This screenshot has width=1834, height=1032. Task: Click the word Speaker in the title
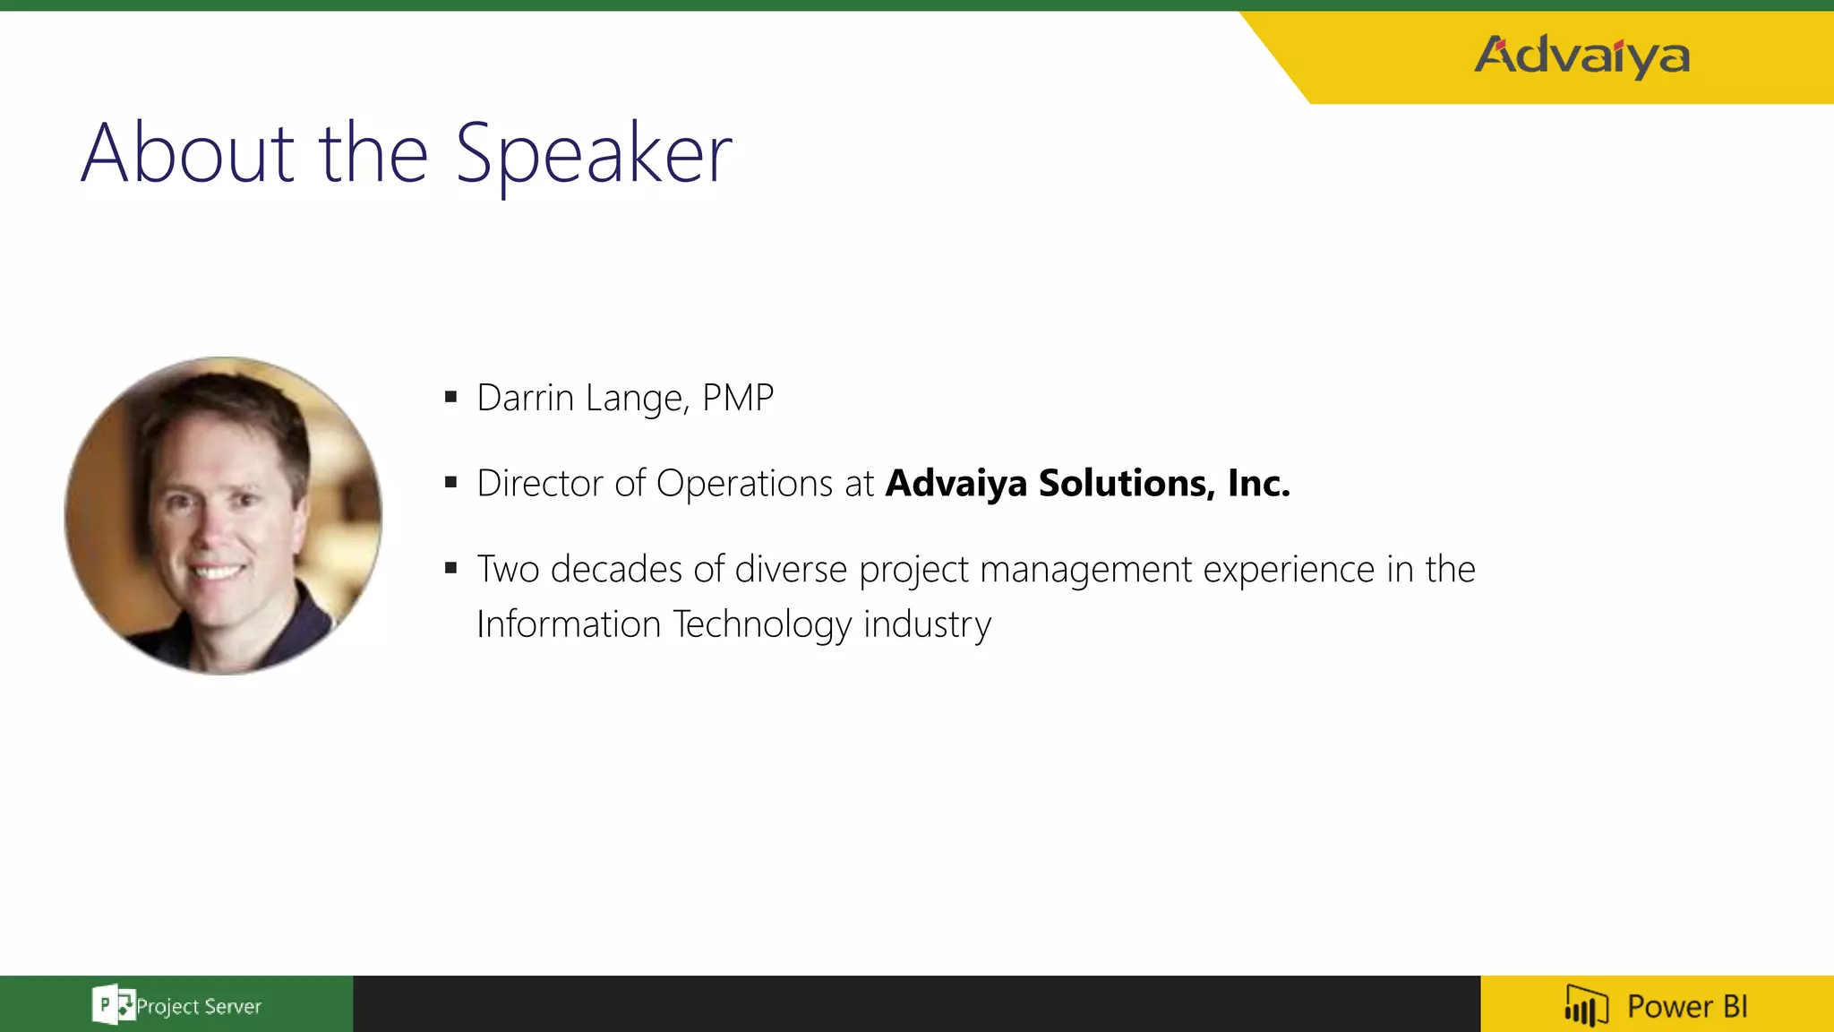point(594,154)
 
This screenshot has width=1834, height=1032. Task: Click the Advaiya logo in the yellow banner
point(1581,56)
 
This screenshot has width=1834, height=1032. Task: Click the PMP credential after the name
point(738,398)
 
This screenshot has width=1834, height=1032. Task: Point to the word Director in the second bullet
point(540,484)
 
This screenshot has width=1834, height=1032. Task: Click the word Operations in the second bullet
point(744,484)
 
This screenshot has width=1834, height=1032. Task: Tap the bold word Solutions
point(1127,484)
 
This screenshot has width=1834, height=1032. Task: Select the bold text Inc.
point(1258,484)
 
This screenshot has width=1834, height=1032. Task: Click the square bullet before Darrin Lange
point(450,397)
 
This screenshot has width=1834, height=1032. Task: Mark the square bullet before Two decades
point(450,568)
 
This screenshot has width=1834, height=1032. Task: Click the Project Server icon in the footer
point(113,1004)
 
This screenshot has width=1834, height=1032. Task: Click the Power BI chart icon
point(1586,1005)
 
